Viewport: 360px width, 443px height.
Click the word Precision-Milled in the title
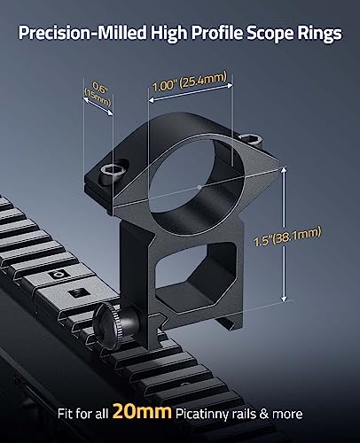[82, 33]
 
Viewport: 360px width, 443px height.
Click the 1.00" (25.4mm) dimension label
[190, 82]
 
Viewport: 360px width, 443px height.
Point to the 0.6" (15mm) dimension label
[98, 94]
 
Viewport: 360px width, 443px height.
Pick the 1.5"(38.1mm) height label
[287, 237]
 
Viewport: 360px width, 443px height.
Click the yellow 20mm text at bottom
[142, 411]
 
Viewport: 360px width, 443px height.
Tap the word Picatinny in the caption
[202, 414]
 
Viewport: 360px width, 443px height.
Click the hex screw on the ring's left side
[109, 170]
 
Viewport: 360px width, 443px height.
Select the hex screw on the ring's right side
[251, 138]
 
